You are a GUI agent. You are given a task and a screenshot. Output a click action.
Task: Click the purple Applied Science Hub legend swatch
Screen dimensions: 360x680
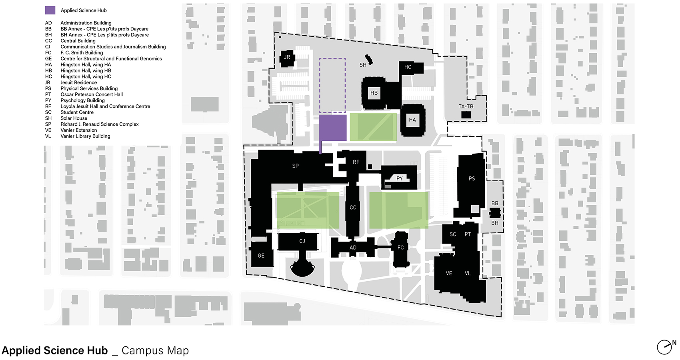pyautogui.click(x=50, y=10)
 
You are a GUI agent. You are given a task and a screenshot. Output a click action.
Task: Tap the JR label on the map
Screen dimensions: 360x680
pyautogui.click(x=287, y=57)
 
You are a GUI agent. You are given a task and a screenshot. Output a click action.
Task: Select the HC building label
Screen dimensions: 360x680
pyautogui.click(x=408, y=67)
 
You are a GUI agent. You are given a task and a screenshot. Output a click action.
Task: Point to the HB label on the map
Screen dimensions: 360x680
pyautogui.click(x=374, y=93)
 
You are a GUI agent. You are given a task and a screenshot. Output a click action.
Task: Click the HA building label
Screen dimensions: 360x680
pyautogui.click(x=412, y=120)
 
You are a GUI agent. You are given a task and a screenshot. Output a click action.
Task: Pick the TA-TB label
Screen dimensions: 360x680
pyautogui.click(x=466, y=106)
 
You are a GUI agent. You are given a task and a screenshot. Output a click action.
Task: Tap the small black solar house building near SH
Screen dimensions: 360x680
pyautogui.click(x=369, y=60)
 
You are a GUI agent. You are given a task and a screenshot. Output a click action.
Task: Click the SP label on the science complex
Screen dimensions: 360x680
pyautogui.click(x=296, y=166)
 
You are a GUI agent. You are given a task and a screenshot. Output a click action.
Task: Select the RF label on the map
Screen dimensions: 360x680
pyautogui.click(x=356, y=162)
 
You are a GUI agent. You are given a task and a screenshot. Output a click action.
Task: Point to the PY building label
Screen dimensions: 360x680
pyautogui.click(x=399, y=178)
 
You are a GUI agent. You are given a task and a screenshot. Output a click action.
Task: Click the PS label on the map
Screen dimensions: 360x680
pyautogui.click(x=472, y=178)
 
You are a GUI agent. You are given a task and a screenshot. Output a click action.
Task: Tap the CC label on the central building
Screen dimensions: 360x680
pyautogui.click(x=353, y=208)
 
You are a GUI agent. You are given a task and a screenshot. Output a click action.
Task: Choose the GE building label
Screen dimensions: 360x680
pyautogui.click(x=261, y=256)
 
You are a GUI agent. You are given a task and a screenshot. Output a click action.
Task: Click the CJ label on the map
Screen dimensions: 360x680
pyautogui.click(x=302, y=241)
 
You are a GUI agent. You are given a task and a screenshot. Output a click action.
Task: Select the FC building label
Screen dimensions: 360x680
pyautogui.click(x=400, y=248)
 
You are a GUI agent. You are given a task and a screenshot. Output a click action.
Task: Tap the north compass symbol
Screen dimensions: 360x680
pyautogui.click(x=665, y=347)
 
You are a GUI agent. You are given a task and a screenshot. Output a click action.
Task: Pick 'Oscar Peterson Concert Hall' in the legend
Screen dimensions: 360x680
pyautogui.click(x=92, y=94)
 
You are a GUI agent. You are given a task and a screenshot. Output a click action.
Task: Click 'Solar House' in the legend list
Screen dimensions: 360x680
pyautogui.click(x=74, y=118)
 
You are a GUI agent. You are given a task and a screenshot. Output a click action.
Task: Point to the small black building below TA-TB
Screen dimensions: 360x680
pyautogui.click(x=466, y=115)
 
